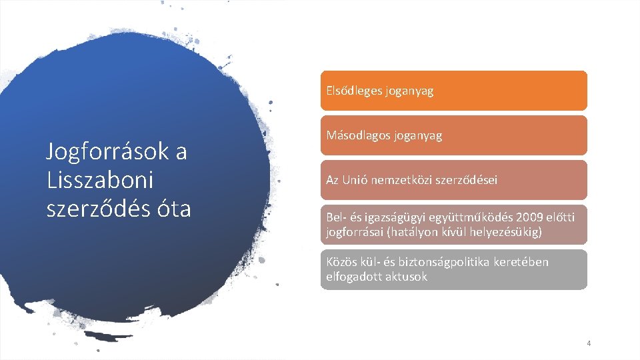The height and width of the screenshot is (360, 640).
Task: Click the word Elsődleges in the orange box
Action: pyautogui.click(x=354, y=91)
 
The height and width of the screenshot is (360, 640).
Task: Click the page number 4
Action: pyautogui.click(x=589, y=343)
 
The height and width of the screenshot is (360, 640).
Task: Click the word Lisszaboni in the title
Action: pyautogui.click(x=99, y=180)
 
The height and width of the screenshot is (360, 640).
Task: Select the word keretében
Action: pyautogui.click(x=521, y=261)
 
